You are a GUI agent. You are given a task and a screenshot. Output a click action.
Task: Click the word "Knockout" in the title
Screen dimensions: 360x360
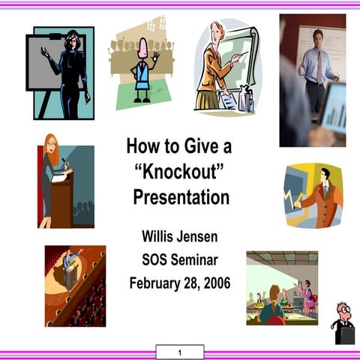(x=179, y=172)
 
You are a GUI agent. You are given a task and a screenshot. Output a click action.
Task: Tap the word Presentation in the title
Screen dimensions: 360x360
(x=181, y=198)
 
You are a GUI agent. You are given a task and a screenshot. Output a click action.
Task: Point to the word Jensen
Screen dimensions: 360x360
(x=199, y=237)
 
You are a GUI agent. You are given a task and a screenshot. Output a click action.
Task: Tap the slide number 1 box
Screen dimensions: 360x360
(x=180, y=352)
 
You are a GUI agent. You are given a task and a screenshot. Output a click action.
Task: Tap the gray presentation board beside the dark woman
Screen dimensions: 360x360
(x=44, y=63)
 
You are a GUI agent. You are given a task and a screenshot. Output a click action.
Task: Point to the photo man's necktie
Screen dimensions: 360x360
(x=319, y=67)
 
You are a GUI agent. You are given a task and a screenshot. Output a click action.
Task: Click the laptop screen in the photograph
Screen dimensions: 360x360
(x=334, y=109)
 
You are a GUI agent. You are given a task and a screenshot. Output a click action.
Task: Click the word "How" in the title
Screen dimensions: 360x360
(x=142, y=145)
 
